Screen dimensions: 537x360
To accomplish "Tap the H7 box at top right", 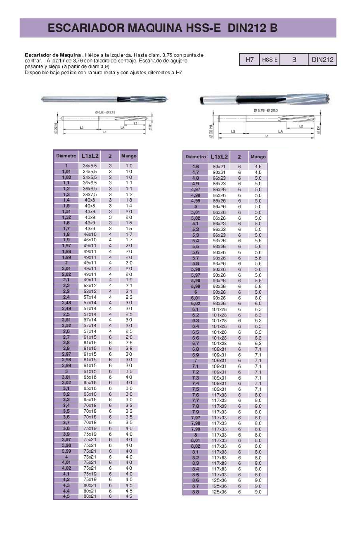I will [x=249, y=60].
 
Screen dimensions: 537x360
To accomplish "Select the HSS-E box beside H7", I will [x=270, y=60].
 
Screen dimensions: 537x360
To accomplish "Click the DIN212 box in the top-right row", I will [x=322, y=60].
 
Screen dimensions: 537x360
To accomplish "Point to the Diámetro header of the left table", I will [x=66, y=156].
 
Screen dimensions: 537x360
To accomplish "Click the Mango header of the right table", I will [x=258, y=157].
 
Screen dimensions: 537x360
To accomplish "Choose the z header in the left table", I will [x=110, y=156].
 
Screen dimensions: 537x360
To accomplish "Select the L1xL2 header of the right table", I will [x=219, y=157].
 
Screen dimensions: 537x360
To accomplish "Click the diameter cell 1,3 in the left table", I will [x=66, y=194].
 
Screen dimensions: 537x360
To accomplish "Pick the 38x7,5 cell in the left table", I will [x=90, y=194].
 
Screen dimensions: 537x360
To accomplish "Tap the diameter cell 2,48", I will [x=66, y=303].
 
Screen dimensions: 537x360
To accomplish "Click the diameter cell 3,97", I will [x=66, y=440].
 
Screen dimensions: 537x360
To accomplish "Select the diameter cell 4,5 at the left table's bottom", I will [x=66, y=497].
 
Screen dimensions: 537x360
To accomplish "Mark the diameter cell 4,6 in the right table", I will [x=195, y=166].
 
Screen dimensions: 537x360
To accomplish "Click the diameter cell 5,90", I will [x=195, y=269].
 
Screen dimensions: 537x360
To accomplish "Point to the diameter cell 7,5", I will [x=195, y=389].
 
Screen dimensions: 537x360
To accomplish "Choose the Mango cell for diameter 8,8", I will [x=258, y=492].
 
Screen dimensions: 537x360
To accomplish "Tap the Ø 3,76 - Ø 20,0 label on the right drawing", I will [x=266, y=110].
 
